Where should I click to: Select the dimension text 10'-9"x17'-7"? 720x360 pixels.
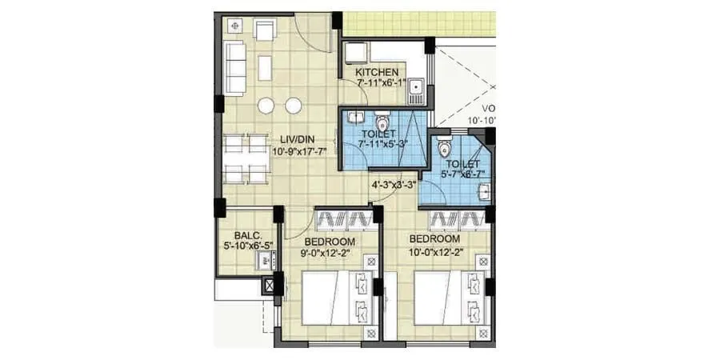pyautogui.click(x=299, y=151)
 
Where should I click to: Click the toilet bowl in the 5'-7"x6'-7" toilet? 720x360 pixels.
pyautogui.click(x=445, y=149)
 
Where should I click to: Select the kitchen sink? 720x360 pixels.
pyautogui.click(x=414, y=89)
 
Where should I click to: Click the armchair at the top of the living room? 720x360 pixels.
pyautogui.click(x=265, y=32)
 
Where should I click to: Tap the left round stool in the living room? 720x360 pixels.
pyautogui.click(x=266, y=106)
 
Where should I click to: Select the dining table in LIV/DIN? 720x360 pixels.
pyautogui.click(x=246, y=158)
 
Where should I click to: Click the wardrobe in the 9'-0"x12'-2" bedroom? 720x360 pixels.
pyautogui.click(x=345, y=219)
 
